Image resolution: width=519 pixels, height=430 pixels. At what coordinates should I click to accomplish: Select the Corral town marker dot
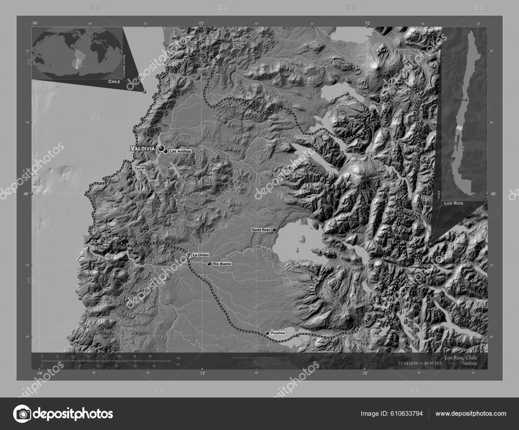(x=130, y=169)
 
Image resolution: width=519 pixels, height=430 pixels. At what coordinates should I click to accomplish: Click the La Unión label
(x=200, y=255)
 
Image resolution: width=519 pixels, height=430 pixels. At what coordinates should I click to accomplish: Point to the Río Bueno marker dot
(x=209, y=264)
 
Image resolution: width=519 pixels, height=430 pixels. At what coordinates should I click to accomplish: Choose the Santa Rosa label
(x=261, y=230)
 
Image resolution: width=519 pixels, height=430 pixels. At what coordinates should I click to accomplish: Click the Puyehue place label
(x=278, y=333)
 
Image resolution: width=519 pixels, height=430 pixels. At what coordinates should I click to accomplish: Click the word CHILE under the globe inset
(x=114, y=82)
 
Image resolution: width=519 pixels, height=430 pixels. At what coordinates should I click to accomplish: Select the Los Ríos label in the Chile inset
(x=453, y=203)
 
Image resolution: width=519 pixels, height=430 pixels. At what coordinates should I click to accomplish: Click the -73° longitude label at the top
(x=201, y=23)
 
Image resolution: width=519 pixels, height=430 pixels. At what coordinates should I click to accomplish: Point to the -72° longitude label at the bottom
(x=365, y=373)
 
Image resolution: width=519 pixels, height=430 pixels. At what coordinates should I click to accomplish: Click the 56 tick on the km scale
(x=150, y=356)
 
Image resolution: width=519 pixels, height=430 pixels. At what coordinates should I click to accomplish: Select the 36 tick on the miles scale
(x=154, y=366)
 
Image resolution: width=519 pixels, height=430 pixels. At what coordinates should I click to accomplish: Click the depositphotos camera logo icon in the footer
(x=22, y=414)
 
